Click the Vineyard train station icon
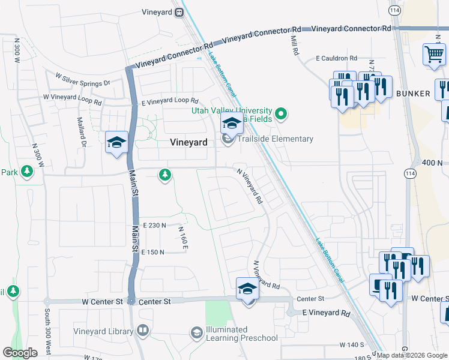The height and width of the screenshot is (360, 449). (x=179, y=12)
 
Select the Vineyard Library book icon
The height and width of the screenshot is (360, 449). (x=143, y=330)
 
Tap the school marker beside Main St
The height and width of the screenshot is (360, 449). (x=116, y=143)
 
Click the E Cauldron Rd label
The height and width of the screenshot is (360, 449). (x=337, y=59)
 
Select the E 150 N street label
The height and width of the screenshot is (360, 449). (x=152, y=253)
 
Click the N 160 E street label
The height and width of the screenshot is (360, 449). (x=183, y=238)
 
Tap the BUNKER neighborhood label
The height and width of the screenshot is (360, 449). (x=413, y=94)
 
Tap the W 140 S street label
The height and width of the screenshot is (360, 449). (x=352, y=345)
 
